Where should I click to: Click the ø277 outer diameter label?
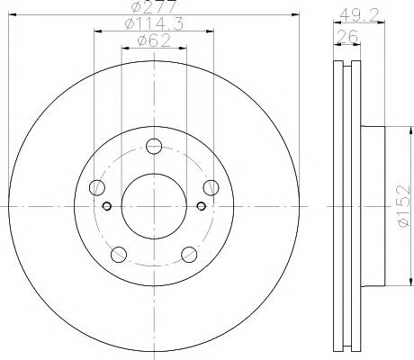(x=154, y=6)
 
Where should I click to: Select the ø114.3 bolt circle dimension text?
(x=154, y=23)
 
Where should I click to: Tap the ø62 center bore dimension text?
(x=154, y=40)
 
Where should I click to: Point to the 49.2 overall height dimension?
(x=359, y=14)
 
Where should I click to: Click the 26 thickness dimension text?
(x=347, y=37)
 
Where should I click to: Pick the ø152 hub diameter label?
(x=403, y=206)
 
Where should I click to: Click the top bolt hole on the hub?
(x=154, y=147)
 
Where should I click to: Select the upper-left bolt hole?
(x=97, y=188)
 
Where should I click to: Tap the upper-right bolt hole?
(x=211, y=188)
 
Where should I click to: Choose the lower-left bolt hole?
(x=119, y=255)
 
